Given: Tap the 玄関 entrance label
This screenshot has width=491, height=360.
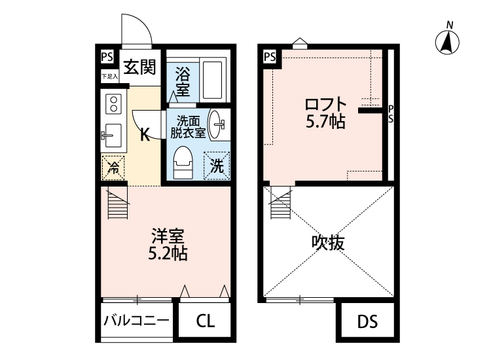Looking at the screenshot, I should point(139,66).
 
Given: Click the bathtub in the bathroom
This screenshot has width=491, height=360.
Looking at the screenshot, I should point(213,79).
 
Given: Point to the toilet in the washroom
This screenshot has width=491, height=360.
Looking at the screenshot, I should point(183,162).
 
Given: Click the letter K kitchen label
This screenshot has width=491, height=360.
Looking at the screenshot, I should point(146,136).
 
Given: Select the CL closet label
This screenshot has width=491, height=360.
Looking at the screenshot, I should point(204,321).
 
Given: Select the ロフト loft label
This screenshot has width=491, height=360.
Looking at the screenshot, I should point(325,103).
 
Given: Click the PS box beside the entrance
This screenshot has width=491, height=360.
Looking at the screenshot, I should point(107,57).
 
